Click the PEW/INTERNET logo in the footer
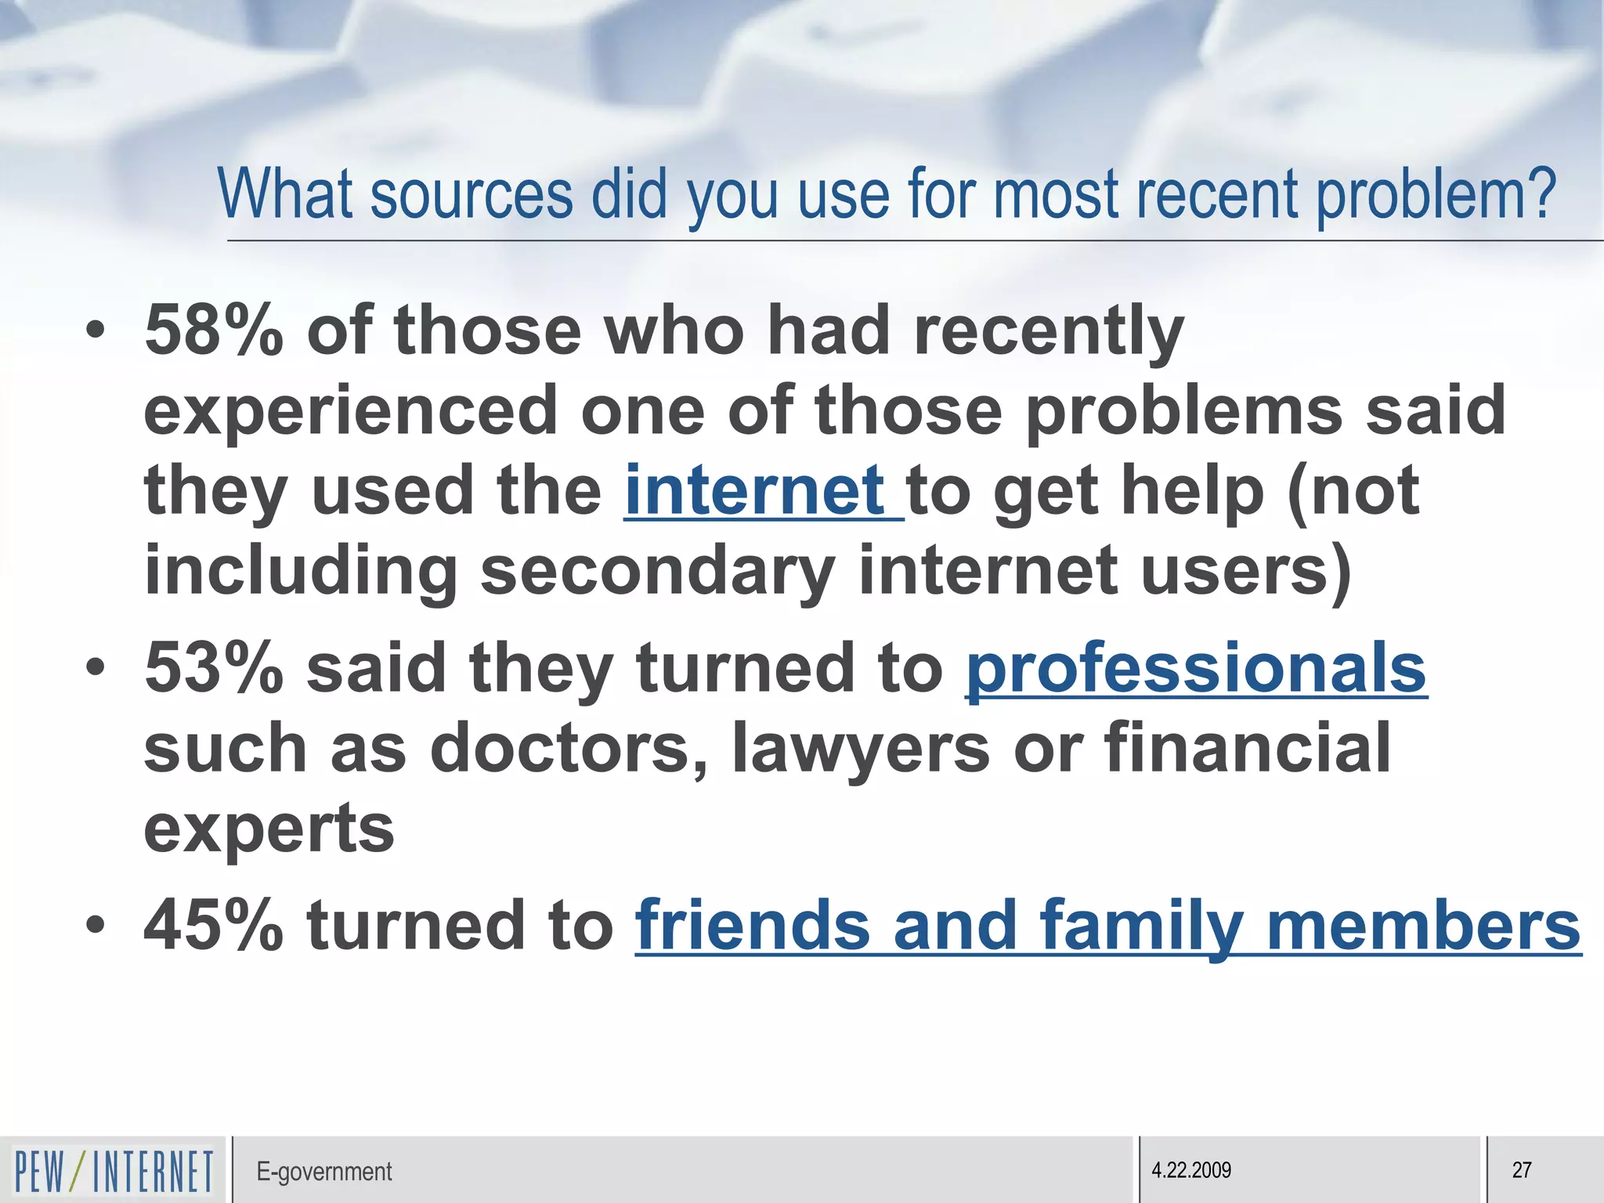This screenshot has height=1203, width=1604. [114, 1171]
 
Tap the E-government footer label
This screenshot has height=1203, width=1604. [323, 1172]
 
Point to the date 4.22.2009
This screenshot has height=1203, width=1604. [1190, 1170]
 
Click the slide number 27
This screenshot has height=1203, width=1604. [1521, 1170]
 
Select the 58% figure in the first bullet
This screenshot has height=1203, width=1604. [214, 331]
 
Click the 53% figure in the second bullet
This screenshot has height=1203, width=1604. [214, 667]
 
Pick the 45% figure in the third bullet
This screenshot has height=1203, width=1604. [214, 925]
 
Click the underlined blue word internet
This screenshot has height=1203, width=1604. [755, 490]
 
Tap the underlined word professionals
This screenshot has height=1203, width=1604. [1196, 667]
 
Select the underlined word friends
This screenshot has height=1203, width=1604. [753, 925]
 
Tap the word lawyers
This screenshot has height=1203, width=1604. [861, 748]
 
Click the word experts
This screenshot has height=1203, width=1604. [269, 829]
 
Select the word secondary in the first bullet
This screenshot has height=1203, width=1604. [658, 571]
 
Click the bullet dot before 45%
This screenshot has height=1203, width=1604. [96, 925]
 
